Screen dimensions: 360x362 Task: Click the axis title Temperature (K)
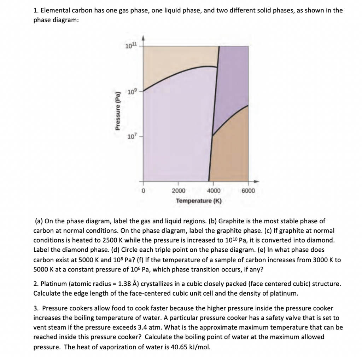pyautogui.click(x=199, y=201)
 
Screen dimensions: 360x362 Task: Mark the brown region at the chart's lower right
pyautogui.click(x=230, y=152)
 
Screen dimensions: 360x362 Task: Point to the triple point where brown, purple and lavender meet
pyautogui.click(x=212, y=136)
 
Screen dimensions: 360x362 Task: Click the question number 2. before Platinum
pyautogui.click(x=36, y=284)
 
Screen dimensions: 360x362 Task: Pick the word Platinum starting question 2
pyautogui.click(x=53, y=284)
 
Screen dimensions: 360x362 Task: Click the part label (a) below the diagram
pyautogui.click(x=39, y=221)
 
